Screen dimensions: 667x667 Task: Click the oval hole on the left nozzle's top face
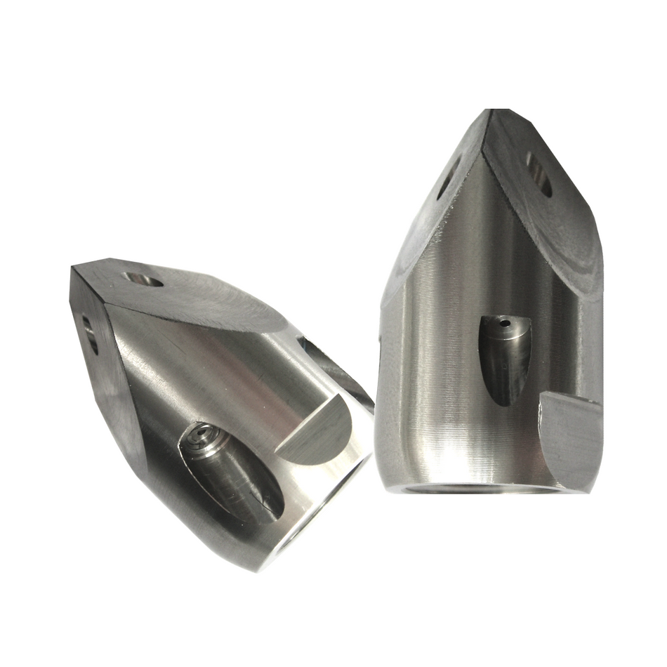click(144, 279)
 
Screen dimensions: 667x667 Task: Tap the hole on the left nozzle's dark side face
click(91, 334)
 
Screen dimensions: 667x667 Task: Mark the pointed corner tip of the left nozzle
click(73, 269)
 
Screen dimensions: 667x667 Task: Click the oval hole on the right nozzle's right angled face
click(539, 173)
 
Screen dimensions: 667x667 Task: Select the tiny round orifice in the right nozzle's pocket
click(503, 324)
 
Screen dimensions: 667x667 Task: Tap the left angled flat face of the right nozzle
click(428, 211)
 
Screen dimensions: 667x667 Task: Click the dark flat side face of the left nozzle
click(105, 379)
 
